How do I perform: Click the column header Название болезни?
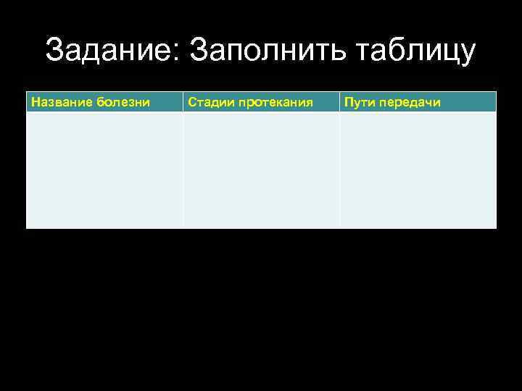click(x=91, y=102)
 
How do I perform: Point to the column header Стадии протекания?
click(x=250, y=102)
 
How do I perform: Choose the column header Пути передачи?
click(x=392, y=102)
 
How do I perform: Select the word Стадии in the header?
click(x=210, y=102)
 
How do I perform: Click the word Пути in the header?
click(x=358, y=102)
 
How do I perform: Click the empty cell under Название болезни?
click(x=104, y=170)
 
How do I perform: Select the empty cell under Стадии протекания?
click(x=261, y=170)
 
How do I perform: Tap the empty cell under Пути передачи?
click(x=418, y=170)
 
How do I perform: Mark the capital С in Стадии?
click(x=192, y=102)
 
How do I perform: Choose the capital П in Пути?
click(x=349, y=102)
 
